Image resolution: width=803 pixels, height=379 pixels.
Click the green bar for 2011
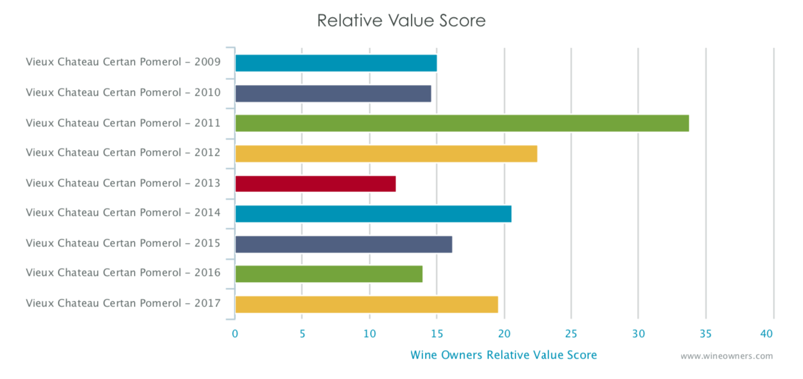point(461,123)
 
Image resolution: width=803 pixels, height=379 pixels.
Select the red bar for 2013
point(315,184)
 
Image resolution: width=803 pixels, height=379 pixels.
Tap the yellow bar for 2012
point(386,154)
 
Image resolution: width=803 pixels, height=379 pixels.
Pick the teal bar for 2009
point(336,63)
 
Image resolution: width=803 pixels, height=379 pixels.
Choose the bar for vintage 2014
point(373,214)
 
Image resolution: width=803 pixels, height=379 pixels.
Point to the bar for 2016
point(329,274)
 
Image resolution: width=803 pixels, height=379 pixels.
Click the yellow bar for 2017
point(366,304)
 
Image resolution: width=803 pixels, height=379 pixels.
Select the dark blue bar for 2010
point(333,93)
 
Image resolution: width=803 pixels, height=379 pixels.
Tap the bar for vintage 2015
point(343,244)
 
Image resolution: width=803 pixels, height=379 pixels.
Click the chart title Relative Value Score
point(401,20)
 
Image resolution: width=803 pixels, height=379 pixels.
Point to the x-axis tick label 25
point(571,334)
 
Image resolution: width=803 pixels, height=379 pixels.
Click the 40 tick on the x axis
point(767,334)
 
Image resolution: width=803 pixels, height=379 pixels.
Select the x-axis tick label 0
point(235,334)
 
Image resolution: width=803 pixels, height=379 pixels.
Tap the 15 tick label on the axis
point(436,334)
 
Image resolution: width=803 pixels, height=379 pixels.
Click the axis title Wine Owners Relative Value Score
point(503,355)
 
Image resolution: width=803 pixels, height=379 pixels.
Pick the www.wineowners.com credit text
point(726,356)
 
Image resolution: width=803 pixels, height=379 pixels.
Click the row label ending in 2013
point(123,183)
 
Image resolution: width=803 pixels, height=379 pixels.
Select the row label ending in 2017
point(123,303)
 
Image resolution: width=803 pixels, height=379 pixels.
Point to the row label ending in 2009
point(123,62)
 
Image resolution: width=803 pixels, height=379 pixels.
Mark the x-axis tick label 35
point(705,334)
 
